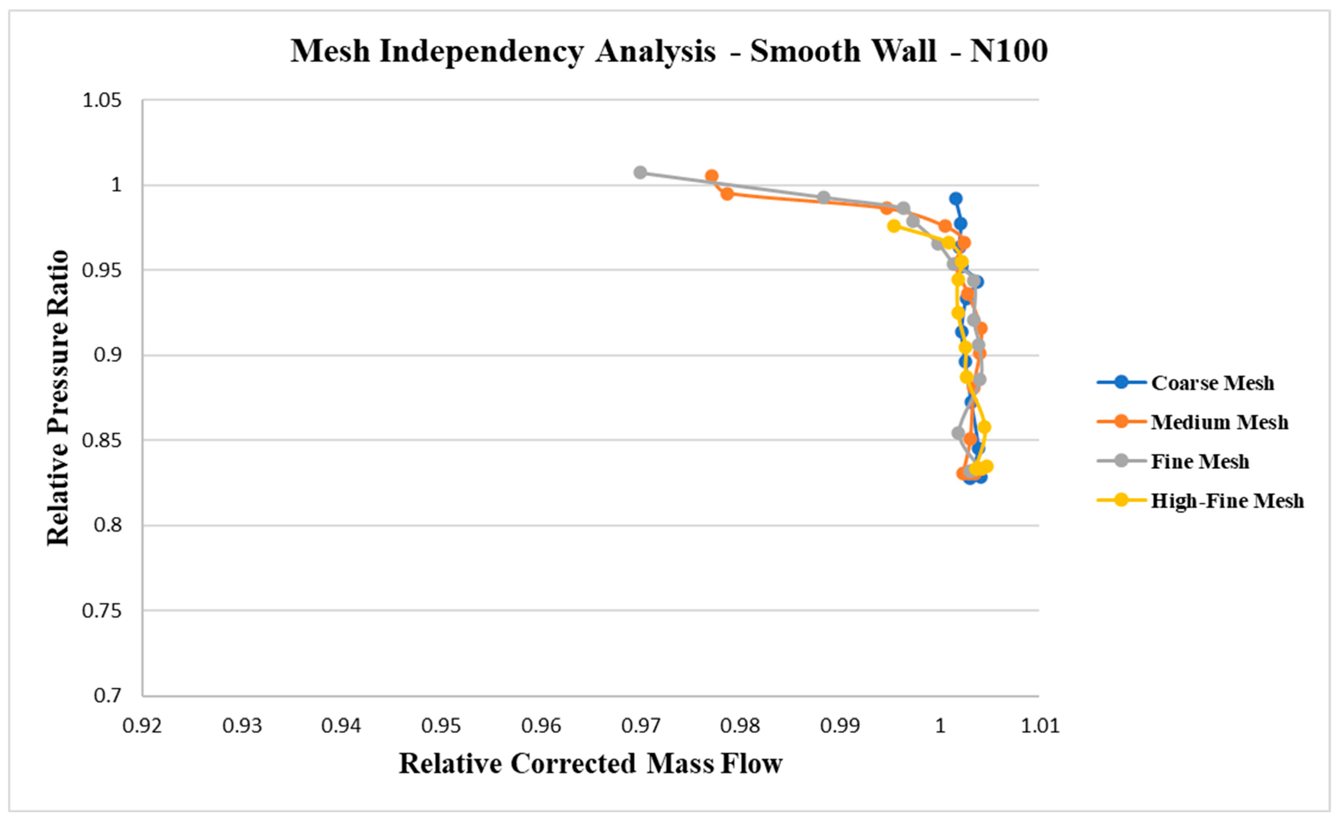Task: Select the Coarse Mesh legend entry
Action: coord(1212,383)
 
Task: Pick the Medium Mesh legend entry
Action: coord(1219,422)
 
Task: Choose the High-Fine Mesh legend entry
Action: coord(1227,500)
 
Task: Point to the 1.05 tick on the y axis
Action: coord(101,101)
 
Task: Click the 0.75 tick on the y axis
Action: coord(101,611)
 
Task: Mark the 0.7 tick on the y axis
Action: coord(108,696)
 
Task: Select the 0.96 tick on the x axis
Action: coord(541,726)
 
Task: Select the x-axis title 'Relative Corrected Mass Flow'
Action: coord(590,764)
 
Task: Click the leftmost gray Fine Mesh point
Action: coord(640,173)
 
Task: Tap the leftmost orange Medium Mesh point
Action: coord(711,176)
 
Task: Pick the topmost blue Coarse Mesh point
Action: coord(956,199)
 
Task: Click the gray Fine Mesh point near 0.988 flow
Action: coord(824,198)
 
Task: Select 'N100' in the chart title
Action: coord(1009,51)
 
